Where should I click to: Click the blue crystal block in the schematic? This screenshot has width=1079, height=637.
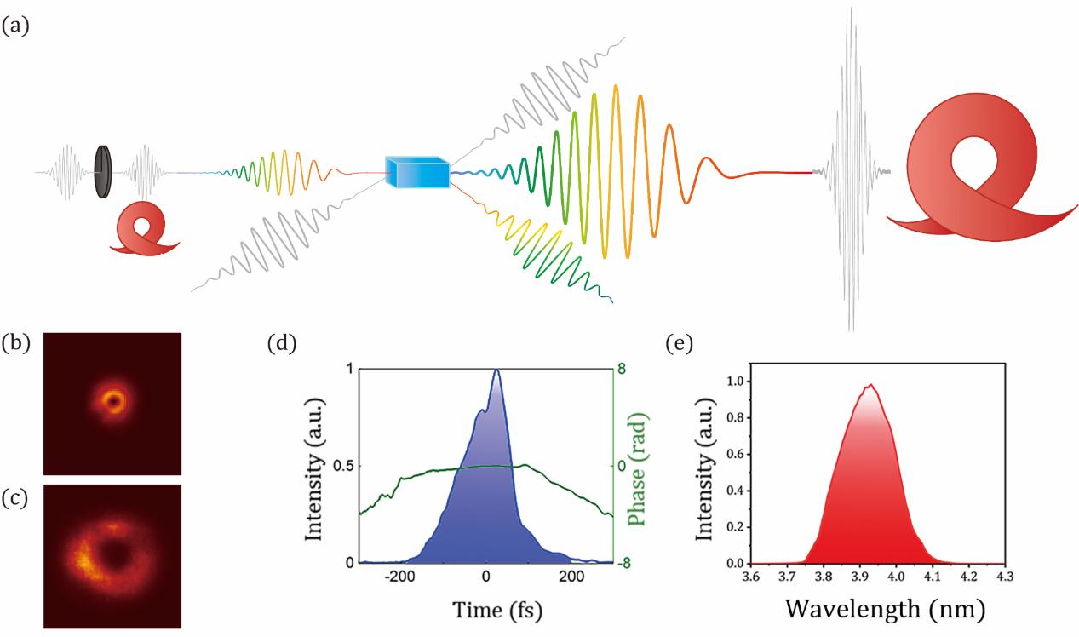(417, 173)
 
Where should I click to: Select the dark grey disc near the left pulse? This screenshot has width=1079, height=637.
(104, 172)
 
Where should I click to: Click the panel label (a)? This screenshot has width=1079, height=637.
(15, 26)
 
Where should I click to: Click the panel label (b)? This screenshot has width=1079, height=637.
(15, 344)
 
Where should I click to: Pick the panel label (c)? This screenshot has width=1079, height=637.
(15, 497)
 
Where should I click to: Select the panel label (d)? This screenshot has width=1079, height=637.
(281, 344)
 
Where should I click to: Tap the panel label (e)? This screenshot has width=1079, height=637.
(679, 344)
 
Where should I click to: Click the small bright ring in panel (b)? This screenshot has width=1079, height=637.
(112, 401)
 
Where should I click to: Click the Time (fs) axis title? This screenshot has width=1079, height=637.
(486, 609)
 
